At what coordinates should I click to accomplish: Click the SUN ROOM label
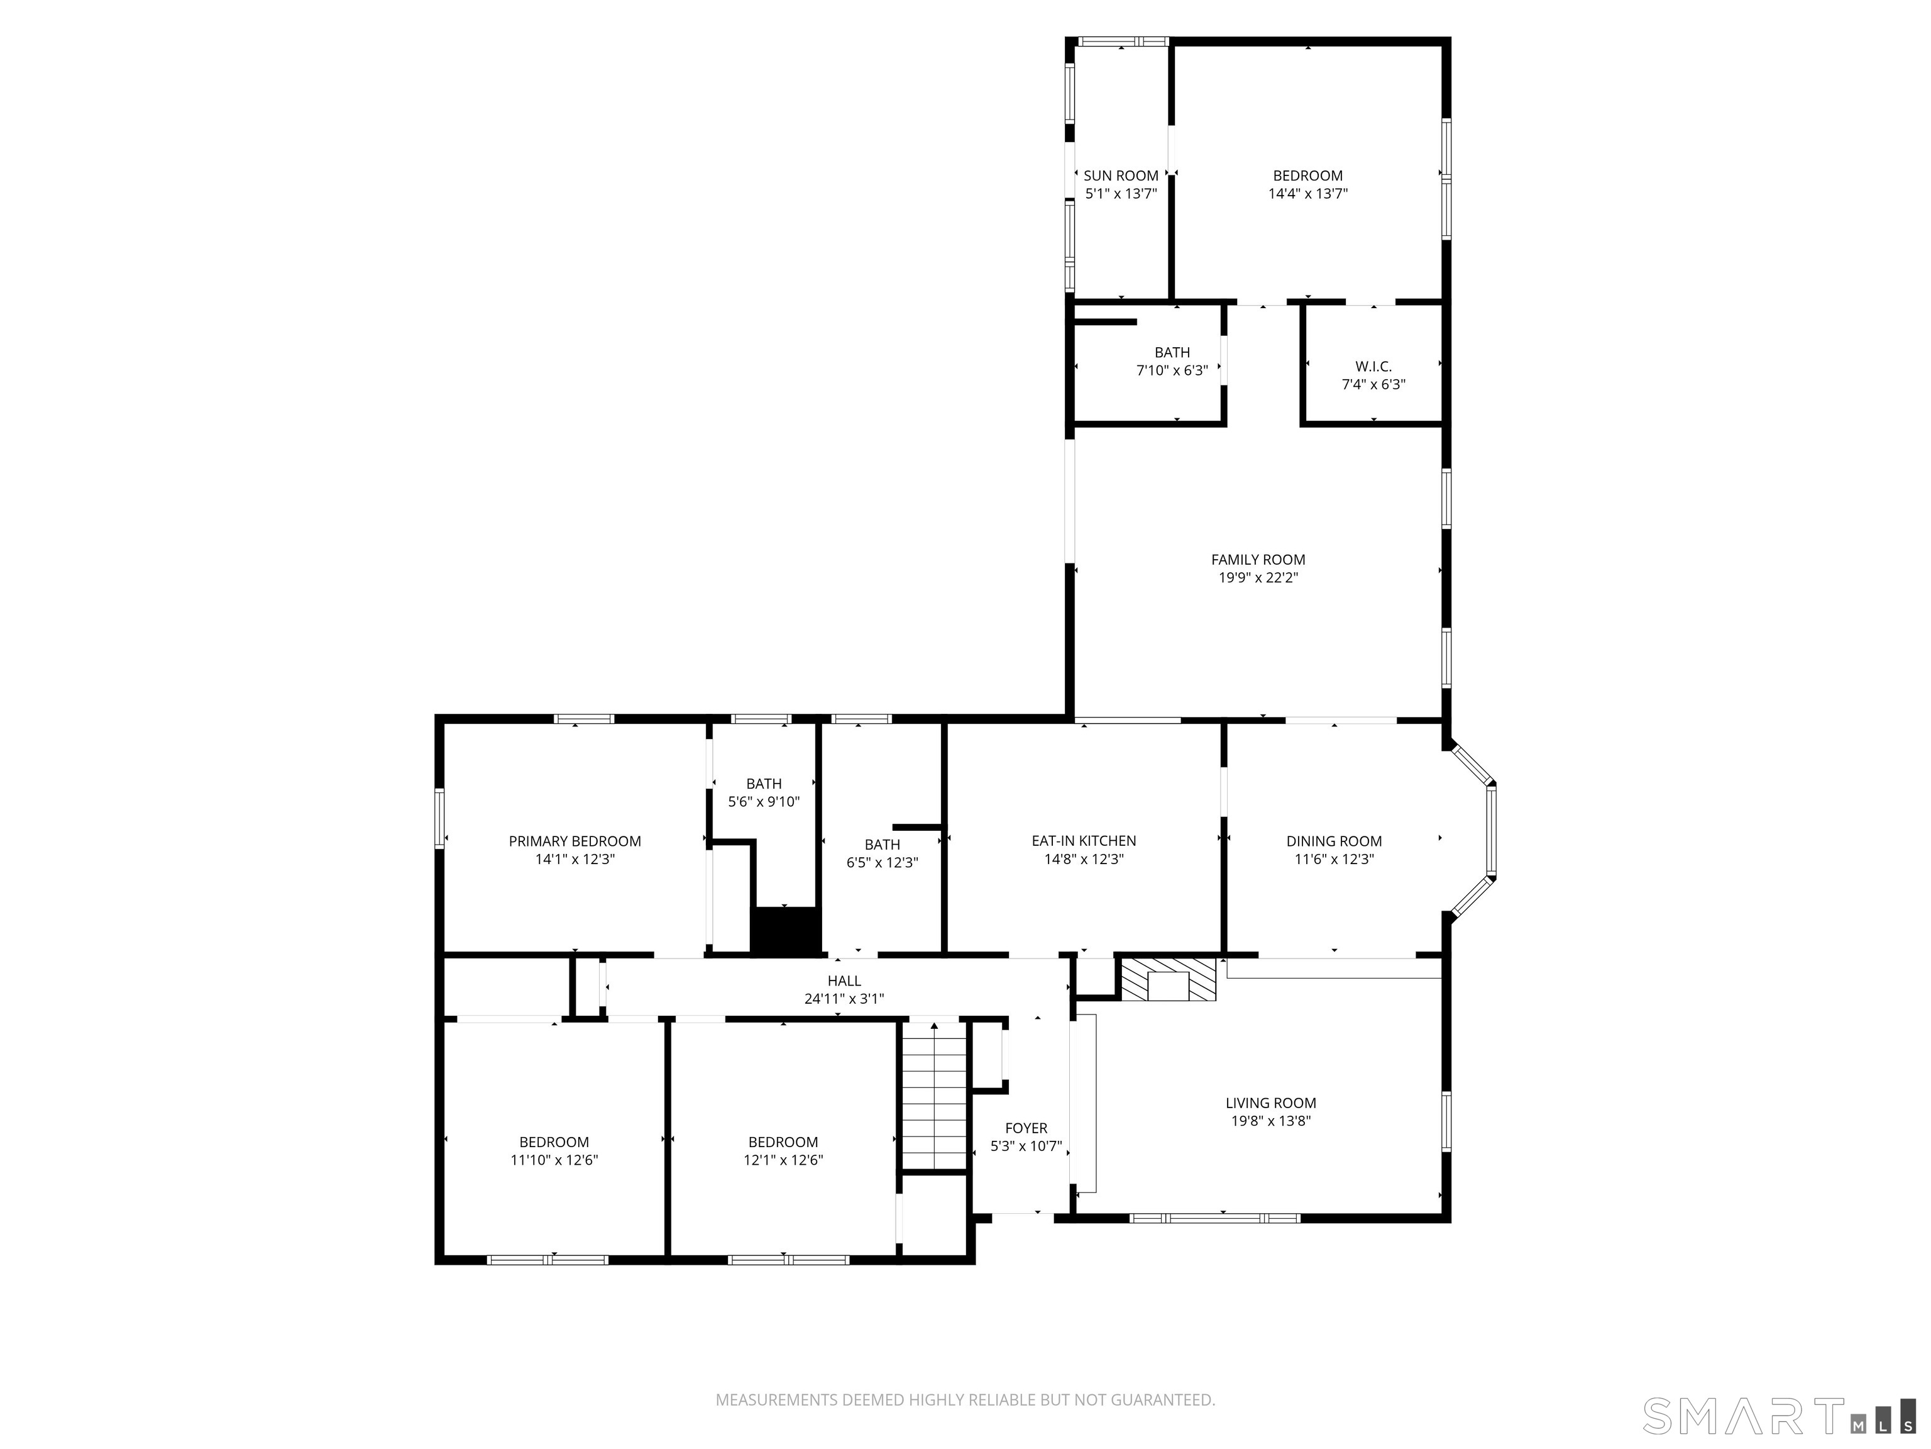pyautogui.click(x=1121, y=175)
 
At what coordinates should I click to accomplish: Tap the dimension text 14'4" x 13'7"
pyautogui.click(x=1307, y=194)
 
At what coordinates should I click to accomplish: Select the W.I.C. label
pyautogui.click(x=1373, y=366)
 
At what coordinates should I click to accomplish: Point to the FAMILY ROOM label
pyautogui.click(x=1258, y=560)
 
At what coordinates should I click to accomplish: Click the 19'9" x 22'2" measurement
pyautogui.click(x=1258, y=578)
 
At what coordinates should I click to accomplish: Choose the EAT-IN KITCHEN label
pyautogui.click(x=1083, y=841)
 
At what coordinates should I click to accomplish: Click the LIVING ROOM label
pyautogui.click(x=1270, y=1103)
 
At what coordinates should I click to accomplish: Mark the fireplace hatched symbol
pyautogui.click(x=1168, y=980)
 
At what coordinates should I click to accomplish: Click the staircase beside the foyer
pyautogui.click(x=934, y=1096)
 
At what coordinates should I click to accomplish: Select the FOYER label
pyautogui.click(x=1026, y=1128)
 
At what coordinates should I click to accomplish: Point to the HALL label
pyautogui.click(x=844, y=981)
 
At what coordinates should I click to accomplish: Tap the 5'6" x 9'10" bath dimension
pyautogui.click(x=764, y=802)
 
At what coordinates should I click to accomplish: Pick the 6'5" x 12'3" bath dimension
pyautogui.click(x=882, y=863)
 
